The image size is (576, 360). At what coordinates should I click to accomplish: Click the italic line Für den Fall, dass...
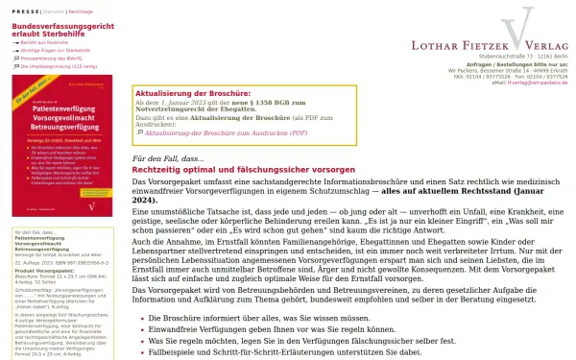pyautogui.click(x=168, y=157)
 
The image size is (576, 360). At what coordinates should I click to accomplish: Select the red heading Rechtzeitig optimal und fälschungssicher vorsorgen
pyautogui.click(x=259, y=168)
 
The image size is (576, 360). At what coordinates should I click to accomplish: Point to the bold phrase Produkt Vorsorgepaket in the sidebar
pyautogui.click(x=41, y=271)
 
